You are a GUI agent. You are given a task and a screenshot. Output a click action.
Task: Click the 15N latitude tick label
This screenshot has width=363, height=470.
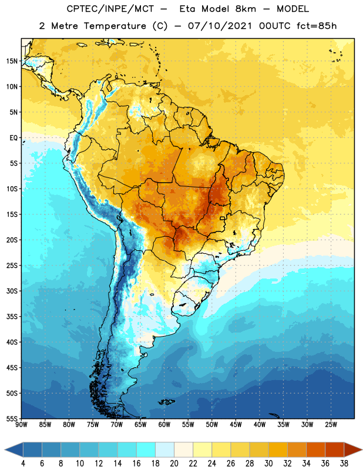coord(12,61)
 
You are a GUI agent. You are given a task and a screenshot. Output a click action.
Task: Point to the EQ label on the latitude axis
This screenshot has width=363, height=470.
coord(14,138)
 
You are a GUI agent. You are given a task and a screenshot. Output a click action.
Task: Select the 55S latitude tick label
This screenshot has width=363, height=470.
coord(12,418)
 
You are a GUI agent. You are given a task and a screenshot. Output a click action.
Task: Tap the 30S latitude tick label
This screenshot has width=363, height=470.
coord(12,291)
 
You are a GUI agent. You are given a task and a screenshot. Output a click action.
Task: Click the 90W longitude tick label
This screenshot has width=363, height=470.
coord(21,425)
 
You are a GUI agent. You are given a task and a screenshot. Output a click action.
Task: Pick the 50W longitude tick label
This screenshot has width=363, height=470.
coord(212,425)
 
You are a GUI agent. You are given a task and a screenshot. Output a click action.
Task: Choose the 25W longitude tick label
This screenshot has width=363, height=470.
coord(331,425)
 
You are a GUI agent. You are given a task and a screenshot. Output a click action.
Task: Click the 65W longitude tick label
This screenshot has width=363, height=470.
coord(140,425)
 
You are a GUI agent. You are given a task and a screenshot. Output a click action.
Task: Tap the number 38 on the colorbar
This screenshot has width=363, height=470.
coord(344,464)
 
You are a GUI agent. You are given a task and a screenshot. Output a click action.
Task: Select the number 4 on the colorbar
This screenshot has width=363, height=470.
coord(23,464)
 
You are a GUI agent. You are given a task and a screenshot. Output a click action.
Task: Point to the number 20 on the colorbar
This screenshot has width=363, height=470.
coord(174,464)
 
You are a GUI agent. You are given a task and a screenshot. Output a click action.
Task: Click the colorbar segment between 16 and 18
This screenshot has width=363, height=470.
coord(146,450)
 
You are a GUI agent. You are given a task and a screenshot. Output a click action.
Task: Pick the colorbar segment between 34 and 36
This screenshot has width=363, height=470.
coord(316,450)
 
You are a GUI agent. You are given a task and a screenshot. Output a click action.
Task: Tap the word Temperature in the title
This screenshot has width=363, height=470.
coord(115,26)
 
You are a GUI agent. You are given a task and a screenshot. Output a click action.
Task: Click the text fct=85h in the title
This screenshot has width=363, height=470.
coord(317,26)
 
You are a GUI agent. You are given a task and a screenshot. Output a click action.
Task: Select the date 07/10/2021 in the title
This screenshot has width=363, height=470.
coord(220,26)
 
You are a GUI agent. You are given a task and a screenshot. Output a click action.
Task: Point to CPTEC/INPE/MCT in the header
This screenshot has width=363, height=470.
coord(110,9)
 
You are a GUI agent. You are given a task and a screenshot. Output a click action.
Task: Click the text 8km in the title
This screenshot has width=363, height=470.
coord(246,9)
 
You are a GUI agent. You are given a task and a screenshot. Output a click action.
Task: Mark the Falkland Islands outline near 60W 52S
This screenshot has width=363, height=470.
coord(167,402)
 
